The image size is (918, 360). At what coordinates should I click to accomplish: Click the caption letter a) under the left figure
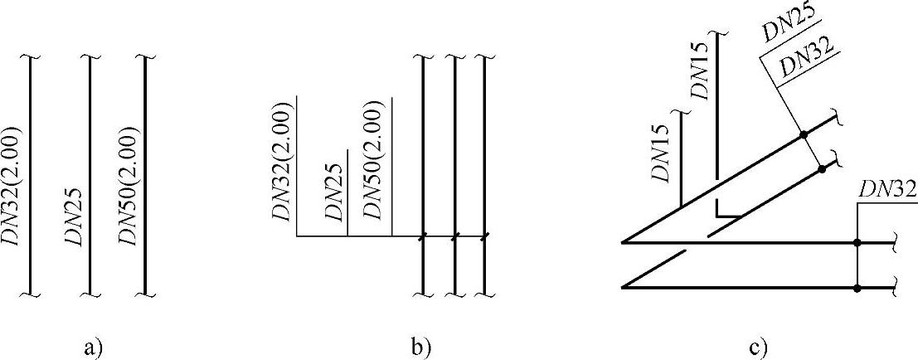(x=93, y=347)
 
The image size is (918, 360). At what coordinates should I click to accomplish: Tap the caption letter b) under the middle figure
(x=421, y=347)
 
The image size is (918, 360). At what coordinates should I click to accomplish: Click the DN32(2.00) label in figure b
(x=282, y=162)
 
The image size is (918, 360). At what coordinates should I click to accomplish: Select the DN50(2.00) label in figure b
(x=375, y=162)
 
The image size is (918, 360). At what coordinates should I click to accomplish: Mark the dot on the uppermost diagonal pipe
(x=803, y=134)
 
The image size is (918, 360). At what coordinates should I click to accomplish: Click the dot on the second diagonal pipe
(x=822, y=169)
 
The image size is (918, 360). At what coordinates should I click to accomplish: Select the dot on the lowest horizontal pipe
(x=857, y=288)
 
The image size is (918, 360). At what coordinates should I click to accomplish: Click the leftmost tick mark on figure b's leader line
(x=423, y=237)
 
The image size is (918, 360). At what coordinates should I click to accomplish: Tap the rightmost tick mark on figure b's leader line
(x=483, y=237)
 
